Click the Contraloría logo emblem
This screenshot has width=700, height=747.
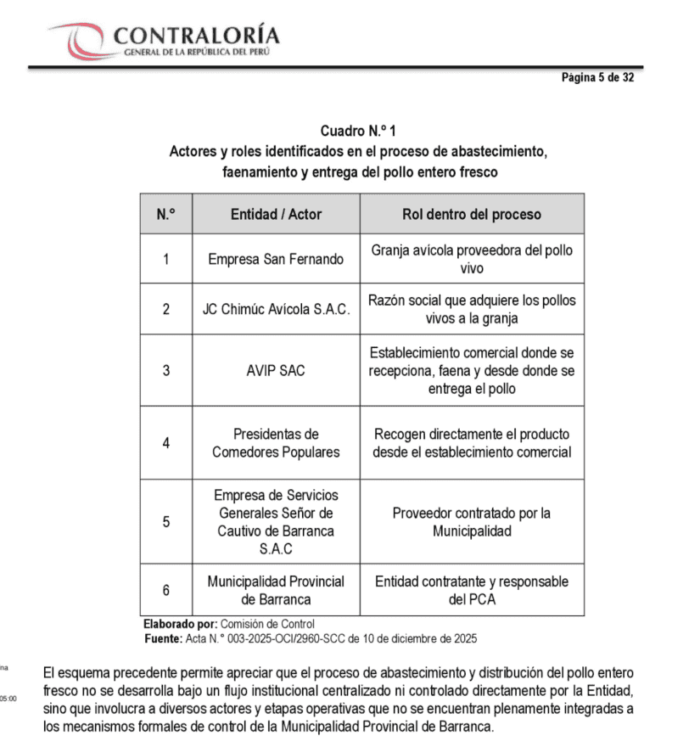pyautogui.click(x=80, y=39)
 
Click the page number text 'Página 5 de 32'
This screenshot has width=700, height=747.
pyautogui.click(x=597, y=77)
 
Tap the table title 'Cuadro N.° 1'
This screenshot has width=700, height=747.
pyautogui.click(x=358, y=132)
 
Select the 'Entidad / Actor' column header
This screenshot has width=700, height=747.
pyautogui.click(x=276, y=215)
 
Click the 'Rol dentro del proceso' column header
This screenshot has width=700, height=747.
pyautogui.click(x=471, y=215)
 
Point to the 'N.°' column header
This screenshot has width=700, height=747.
pyautogui.click(x=166, y=215)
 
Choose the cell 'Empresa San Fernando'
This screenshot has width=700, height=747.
pyautogui.click(x=276, y=259)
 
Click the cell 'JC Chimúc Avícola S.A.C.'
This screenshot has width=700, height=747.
pyautogui.click(x=276, y=309)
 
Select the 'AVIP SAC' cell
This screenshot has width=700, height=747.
pyautogui.click(x=276, y=371)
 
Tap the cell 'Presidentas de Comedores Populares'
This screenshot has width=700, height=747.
pyautogui.click(x=276, y=443)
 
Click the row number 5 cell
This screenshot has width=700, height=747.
pyautogui.click(x=166, y=522)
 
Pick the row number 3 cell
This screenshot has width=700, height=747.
pyautogui.click(x=166, y=371)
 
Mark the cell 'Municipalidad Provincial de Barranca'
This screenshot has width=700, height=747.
pyautogui.click(x=276, y=590)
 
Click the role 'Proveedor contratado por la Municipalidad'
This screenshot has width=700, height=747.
pyautogui.click(x=471, y=522)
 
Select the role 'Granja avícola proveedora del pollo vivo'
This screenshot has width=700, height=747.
pyautogui.click(x=471, y=259)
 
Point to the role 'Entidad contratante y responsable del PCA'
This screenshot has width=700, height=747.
pyautogui.click(x=471, y=590)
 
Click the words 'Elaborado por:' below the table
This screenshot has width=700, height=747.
pyautogui.click(x=180, y=624)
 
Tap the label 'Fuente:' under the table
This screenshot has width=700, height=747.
pyautogui.click(x=163, y=638)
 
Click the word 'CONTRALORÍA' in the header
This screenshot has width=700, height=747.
pyautogui.click(x=196, y=36)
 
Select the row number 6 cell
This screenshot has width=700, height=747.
pyautogui.click(x=166, y=590)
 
